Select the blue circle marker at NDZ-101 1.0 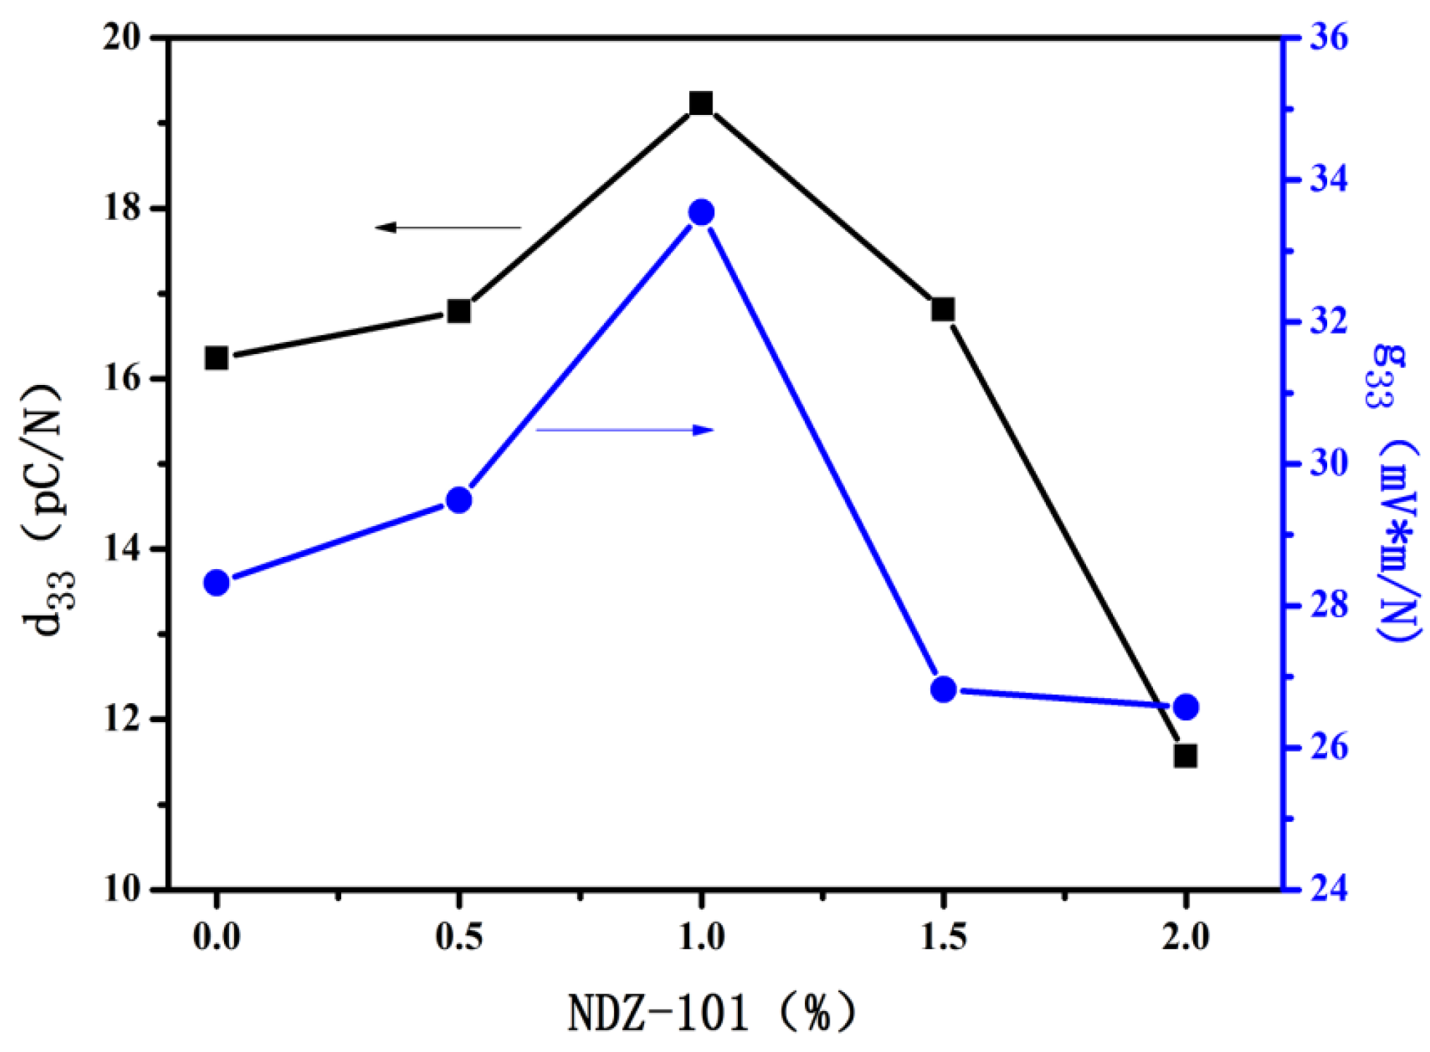(701, 212)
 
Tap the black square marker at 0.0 (216, 358)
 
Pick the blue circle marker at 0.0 (216, 583)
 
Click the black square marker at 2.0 (1185, 756)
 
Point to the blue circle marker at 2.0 (1186, 707)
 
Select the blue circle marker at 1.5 (943, 689)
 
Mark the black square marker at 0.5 (459, 311)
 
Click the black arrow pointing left (448, 227)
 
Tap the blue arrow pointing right (625, 429)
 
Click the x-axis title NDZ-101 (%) (712, 1014)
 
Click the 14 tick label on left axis (124, 549)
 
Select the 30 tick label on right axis (1328, 463)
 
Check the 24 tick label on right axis (1328, 889)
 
